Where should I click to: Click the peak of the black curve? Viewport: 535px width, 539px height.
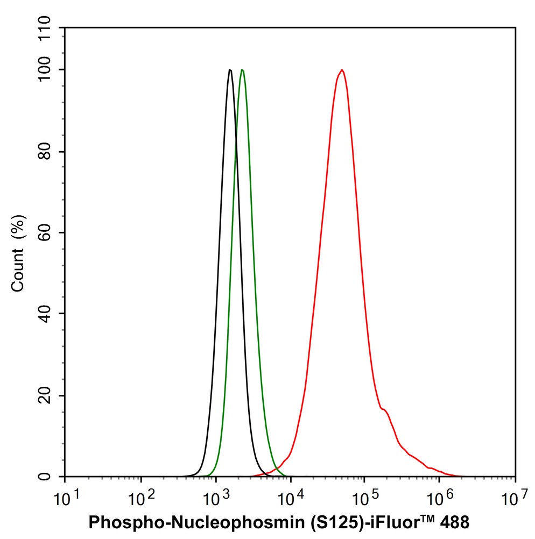(230, 69)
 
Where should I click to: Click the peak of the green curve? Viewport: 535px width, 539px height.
(242, 69)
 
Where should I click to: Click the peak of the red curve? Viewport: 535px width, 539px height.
(341, 69)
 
